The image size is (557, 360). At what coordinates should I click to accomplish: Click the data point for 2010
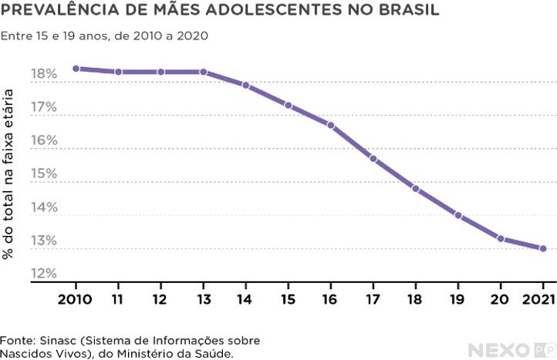(76, 69)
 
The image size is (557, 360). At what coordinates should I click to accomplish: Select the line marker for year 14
(245, 86)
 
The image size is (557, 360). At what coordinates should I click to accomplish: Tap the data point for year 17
(373, 159)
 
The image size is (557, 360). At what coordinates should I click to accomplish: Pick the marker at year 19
(458, 216)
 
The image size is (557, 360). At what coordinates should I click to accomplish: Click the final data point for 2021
(543, 248)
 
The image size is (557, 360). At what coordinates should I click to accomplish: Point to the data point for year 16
(331, 125)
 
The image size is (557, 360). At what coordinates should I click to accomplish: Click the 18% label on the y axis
(44, 75)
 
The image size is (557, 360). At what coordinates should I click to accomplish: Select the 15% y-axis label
(44, 174)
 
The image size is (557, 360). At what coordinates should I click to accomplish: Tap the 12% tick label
(44, 274)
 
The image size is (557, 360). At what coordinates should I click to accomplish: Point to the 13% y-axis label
(44, 241)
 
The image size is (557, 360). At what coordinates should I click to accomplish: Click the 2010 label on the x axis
(76, 298)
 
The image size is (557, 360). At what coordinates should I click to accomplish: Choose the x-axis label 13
(203, 298)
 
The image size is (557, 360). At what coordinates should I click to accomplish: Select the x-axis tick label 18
(416, 298)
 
